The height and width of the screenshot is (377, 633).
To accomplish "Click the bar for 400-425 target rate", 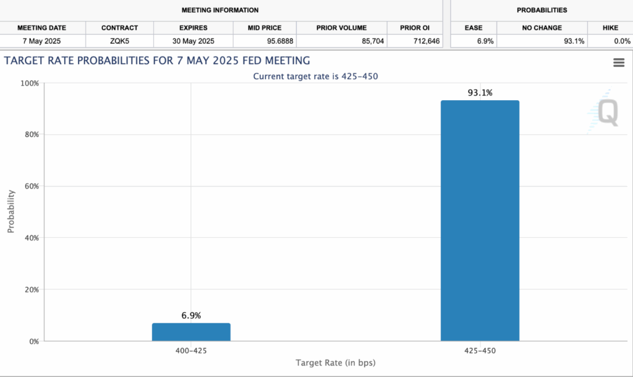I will pyautogui.click(x=191, y=332).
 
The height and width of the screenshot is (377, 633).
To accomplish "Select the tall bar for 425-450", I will pyautogui.click(x=480, y=221).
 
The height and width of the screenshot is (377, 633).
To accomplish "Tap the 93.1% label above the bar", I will pyautogui.click(x=480, y=93).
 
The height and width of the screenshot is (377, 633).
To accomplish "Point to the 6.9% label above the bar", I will pyautogui.click(x=191, y=315).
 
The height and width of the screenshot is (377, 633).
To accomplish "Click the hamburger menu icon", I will pyautogui.click(x=618, y=62).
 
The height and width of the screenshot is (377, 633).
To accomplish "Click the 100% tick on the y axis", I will pyautogui.click(x=30, y=83).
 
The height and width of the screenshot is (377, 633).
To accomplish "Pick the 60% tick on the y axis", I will pyautogui.click(x=31, y=186).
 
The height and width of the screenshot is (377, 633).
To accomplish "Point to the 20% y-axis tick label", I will pyautogui.click(x=31, y=289).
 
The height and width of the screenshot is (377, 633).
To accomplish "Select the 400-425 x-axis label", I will pyautogui.click(x=191, y=350).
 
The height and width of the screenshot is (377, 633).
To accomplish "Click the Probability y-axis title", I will pyautogui.click(x=11, y=211).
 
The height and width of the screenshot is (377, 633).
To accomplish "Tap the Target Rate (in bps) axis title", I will pyautogui.click(x=335, y=363).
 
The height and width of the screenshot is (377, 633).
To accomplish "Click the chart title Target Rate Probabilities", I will pyautogui.click(x=157, y=61).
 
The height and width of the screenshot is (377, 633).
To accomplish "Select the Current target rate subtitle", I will pyautogui.click(x=316, y=76).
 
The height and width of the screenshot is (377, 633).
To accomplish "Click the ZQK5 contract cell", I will pyautogui.click(x=119, y=41).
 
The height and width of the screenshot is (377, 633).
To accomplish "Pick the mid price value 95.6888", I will pyautogui.click(x=265, y=41).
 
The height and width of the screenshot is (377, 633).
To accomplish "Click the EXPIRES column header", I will pyautogui.click(x=193, y=28).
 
